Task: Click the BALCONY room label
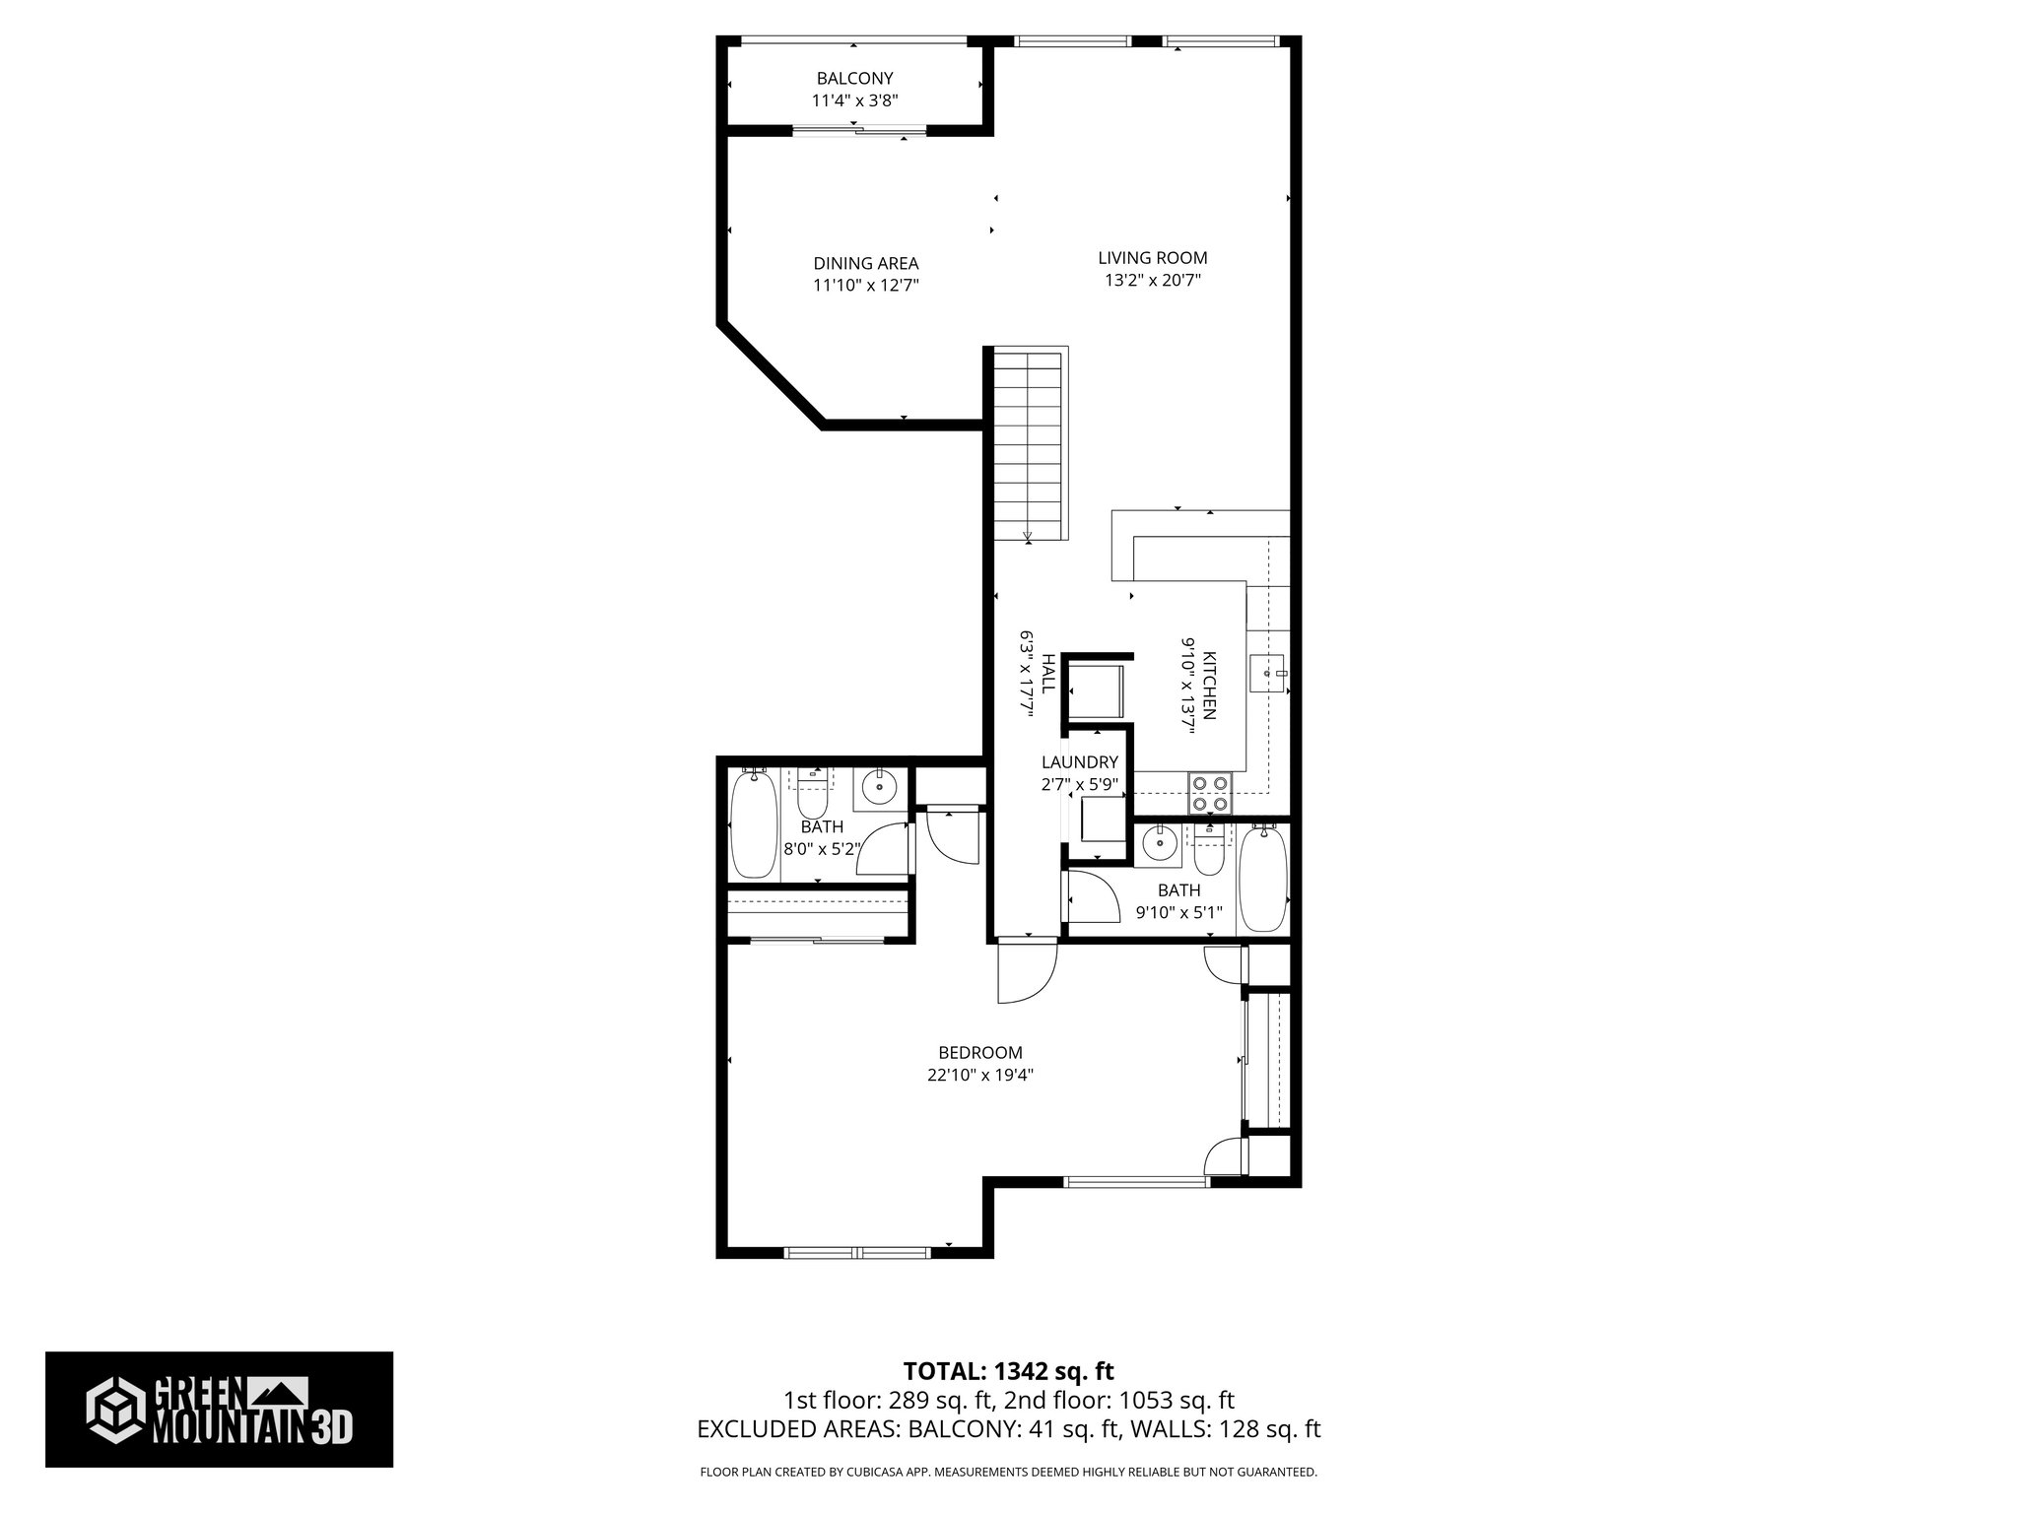(x=854, y=79)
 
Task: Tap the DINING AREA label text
(x=865, y=264)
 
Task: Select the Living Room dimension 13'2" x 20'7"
(x=1152, y=280)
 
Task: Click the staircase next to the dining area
(x=1029, y=443)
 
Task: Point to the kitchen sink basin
(x=1266, y=675)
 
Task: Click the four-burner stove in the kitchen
(x=1210, y=793)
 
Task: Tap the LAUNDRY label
(x=1080, y=762)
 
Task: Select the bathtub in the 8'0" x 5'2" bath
(x=753, y=825)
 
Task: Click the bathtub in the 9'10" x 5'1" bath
(x=1262, y=880)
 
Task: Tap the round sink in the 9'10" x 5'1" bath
(x=1159, y=844)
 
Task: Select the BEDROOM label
(x=979, y=1053)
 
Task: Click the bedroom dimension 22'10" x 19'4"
(x=979, y=1076)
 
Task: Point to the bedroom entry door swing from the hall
(x=1025, y=972)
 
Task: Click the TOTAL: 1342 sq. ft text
(x=1008, y=1371)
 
